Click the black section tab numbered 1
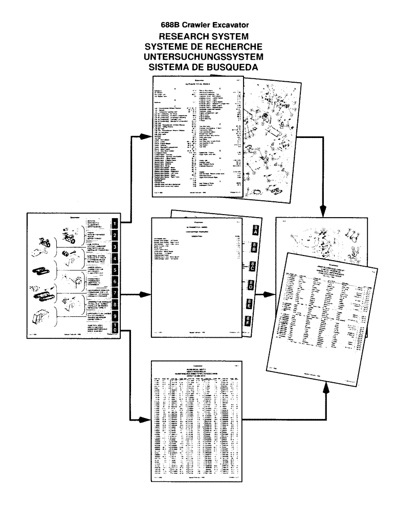point(115,223)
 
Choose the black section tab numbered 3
point(115,247)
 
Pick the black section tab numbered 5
point(115,270)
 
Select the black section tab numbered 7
point(115,294)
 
